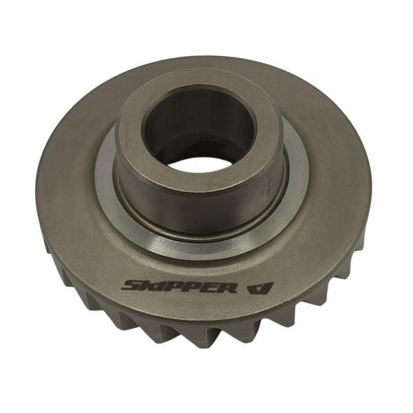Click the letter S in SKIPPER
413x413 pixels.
pyautogui.click(x=133, y=286)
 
